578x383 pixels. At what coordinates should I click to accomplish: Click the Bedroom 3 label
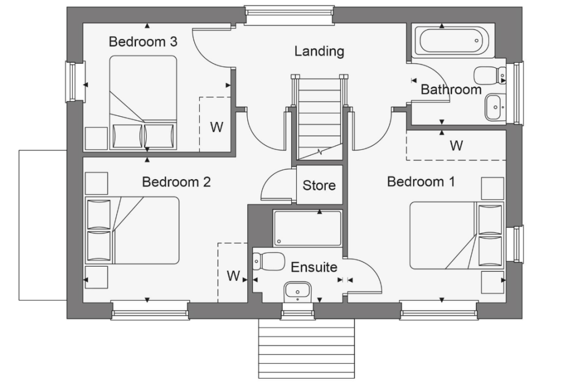tap(143, 42)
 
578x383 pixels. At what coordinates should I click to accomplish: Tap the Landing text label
tap(319, 51)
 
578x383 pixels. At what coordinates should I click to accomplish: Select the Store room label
tap(319, 185)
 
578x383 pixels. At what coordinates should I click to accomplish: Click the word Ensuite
tap(314, 267)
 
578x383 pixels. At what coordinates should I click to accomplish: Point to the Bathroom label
tap(451, 89)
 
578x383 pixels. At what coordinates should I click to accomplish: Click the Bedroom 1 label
tap(421, 182)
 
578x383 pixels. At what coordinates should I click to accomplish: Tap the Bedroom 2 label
tap(176, 182)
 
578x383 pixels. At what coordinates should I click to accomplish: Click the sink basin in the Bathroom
tap(495, 107)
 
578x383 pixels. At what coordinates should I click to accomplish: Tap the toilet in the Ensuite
tap(269, 262)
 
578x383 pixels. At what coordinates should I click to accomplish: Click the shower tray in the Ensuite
tap(308, 228)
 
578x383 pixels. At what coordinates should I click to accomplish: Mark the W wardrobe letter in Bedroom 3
tap(217, 127)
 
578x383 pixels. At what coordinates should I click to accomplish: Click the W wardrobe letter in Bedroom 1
tap(456, 146)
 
